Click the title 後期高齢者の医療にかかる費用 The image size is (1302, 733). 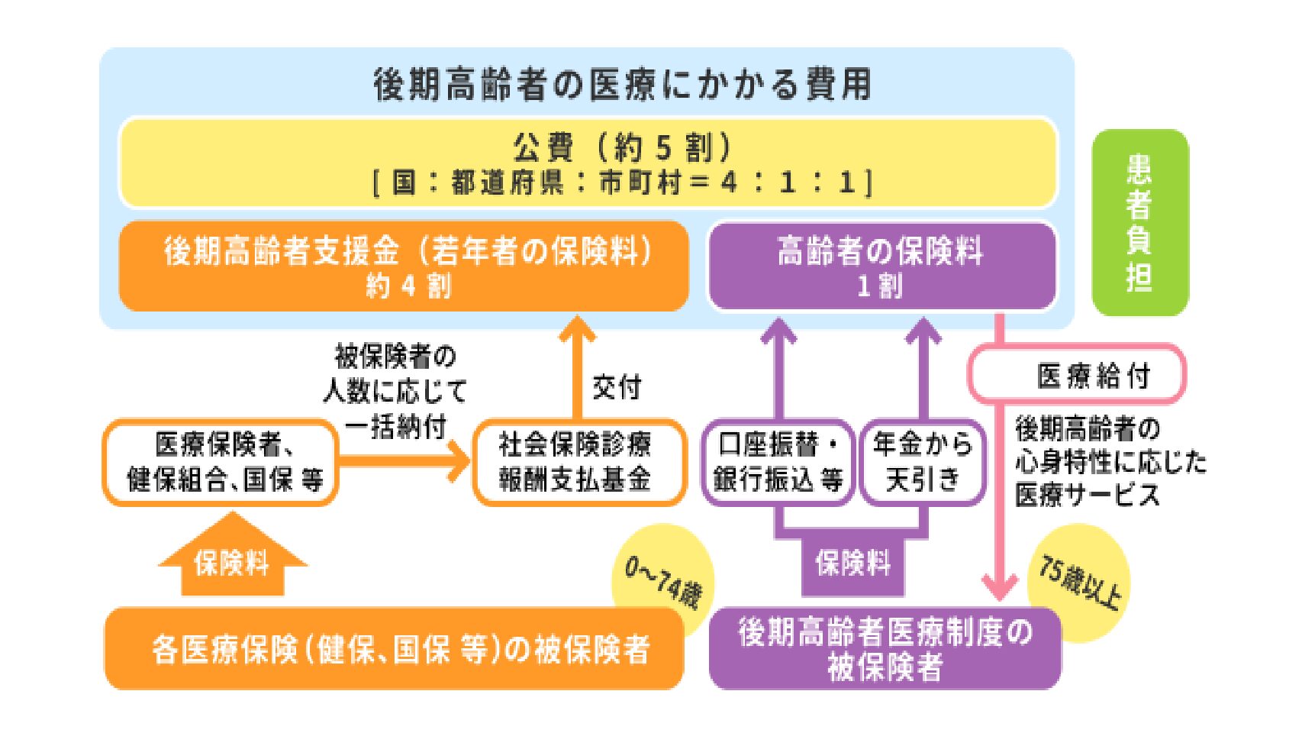[x=622, y=84]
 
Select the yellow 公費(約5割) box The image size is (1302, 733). [x=588, y=163]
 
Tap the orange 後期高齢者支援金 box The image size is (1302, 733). [x=404, y=266]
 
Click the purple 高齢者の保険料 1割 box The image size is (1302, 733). [x=881, y=266]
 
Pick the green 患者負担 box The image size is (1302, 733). [x=1140, y=223]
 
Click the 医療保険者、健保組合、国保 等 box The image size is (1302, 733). [x=221, y=463]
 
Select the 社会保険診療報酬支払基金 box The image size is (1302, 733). [x=578, y=463]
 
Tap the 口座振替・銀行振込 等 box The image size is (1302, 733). [x=778, y=463]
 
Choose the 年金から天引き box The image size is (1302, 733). [x=923, y=463]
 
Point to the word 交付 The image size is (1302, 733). [x=617, y=387]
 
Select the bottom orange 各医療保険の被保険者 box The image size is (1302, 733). [x=394, y=649]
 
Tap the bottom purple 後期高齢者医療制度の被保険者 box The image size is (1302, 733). [x=885, y=649]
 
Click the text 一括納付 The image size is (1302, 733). [x=395, y=427]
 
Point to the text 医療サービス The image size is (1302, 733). [x=1087, y=495]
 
